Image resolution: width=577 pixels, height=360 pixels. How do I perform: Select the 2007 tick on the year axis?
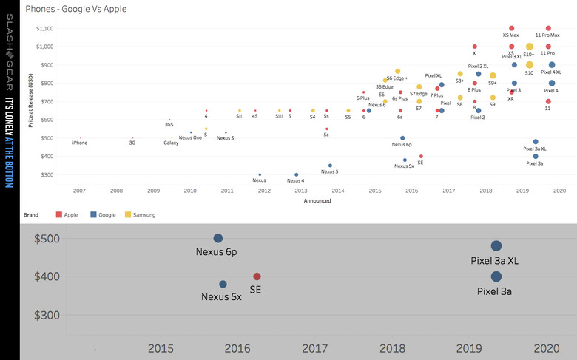click(x=79, y=190)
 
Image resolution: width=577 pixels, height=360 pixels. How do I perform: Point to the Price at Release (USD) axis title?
click(x=30, y=101)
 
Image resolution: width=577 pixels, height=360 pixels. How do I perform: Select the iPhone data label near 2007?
click(x=79, y=142)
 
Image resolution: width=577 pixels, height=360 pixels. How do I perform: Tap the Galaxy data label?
click(x=171, y=142)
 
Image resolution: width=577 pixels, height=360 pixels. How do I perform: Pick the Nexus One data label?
click(x=190, y=138)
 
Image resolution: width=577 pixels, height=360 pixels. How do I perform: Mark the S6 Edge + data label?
click(x=397, y=78)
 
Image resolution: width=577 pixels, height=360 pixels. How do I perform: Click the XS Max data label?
click(x=510, y=35)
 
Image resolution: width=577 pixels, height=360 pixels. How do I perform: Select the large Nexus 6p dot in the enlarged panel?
click(x=218, y=238)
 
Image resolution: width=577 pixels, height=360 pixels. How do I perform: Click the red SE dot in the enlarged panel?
click(x=257, y=276)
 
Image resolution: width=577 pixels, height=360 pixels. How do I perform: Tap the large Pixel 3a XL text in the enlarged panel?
click(x=496, y=261)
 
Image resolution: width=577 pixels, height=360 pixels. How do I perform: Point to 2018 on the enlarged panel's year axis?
click(x=392, y=348)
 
